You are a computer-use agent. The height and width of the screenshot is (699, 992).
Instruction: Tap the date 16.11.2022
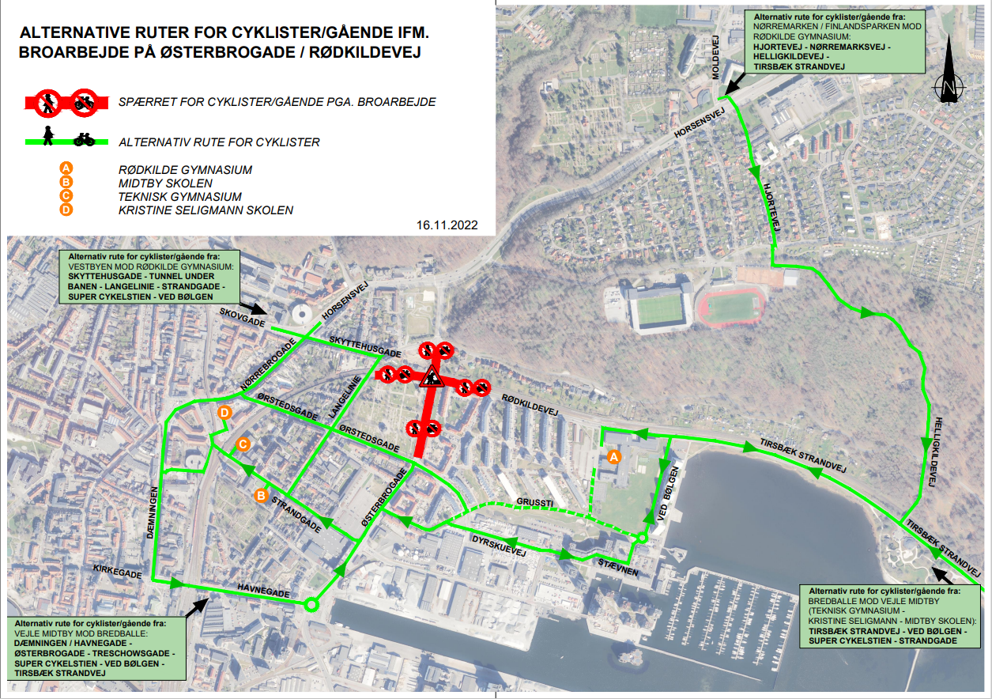447,225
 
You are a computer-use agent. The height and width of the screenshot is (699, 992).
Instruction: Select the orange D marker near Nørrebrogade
225,413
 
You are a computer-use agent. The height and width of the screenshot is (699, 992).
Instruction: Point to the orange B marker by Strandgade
260,495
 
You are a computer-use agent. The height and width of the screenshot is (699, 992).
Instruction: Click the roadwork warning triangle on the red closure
432,376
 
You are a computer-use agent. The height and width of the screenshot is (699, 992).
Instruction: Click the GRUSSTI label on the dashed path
532,501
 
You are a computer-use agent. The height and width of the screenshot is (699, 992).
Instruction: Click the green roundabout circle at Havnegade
311,605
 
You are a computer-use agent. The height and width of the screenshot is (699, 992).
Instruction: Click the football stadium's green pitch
658,312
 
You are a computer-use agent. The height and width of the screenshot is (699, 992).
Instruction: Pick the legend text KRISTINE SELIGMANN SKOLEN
206,210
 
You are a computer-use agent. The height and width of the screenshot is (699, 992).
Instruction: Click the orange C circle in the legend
66,196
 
